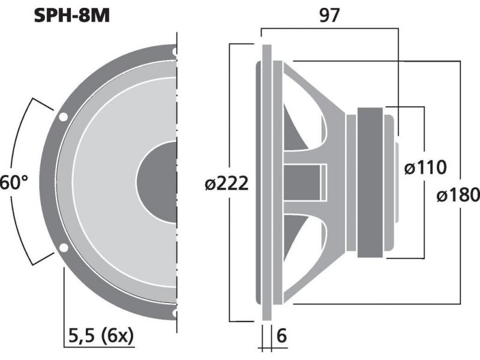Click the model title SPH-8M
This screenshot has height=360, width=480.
[x=71, y=16]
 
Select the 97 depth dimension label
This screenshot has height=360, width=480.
[x=329, y=15]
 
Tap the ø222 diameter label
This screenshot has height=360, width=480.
[x=226, y=184]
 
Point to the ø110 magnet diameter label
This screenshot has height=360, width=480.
[x=425, y=167]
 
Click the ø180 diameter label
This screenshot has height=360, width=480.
[x=458, y=194]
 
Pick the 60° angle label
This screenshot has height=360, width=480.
[x=14, y=182]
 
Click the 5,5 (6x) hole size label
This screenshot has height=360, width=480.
[x=101, y=336]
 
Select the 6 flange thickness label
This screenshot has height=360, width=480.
[x=281, y=336]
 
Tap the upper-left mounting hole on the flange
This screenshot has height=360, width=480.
[x=63, y=117]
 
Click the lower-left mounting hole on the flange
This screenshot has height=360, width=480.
[x=64, y=248]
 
